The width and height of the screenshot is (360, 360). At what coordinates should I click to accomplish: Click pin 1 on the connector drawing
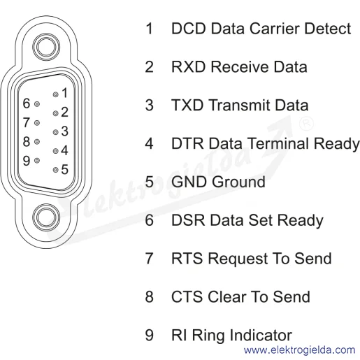point(55,94)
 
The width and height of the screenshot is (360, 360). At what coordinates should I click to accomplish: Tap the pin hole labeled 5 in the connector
point(55,170)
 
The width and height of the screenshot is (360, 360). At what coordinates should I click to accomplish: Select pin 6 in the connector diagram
point(37,104)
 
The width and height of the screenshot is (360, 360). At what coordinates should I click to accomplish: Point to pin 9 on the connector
point(37,161)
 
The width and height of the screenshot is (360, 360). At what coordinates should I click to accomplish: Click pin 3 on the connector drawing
point(55,132)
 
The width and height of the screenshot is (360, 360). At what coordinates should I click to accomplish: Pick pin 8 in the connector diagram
point(37,142)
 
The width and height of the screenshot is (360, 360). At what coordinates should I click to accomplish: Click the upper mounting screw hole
point(46,47)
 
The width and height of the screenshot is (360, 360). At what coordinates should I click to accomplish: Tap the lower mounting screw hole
point(46,217)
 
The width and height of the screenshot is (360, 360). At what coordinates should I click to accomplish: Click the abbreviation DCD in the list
point(189,29)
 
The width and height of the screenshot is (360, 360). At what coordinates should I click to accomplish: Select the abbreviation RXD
point(189,67)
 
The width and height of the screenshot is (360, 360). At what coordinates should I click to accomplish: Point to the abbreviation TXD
point(187,105)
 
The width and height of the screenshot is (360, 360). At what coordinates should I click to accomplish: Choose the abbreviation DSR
point(188,220)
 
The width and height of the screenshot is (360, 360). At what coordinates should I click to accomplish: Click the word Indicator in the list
point(261,335)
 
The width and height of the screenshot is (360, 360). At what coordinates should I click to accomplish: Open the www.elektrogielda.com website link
point(300,350)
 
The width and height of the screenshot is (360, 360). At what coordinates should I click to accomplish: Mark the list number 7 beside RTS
point(150,259)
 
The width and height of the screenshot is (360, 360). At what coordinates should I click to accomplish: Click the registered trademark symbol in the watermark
point(306,123)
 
